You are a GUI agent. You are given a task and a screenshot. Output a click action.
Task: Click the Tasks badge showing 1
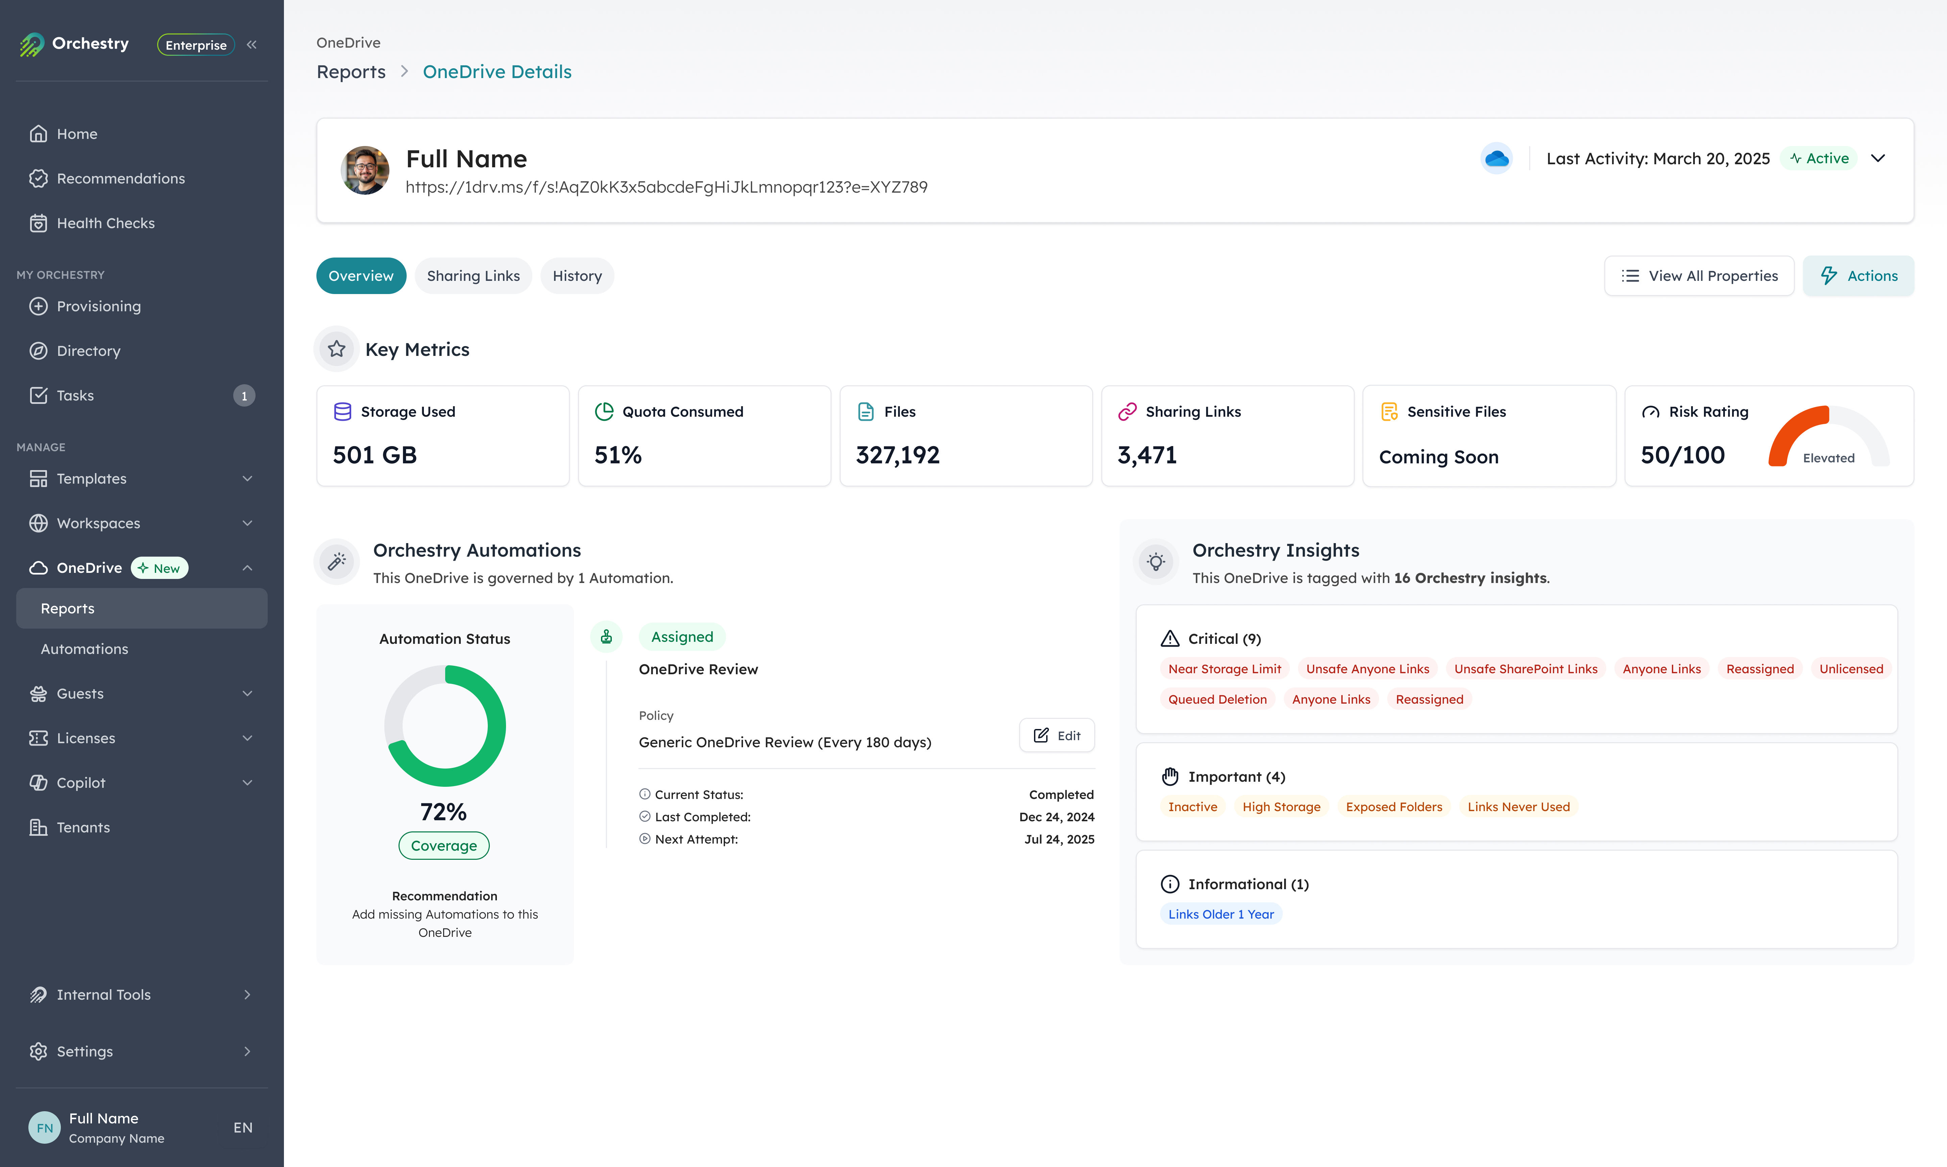244,395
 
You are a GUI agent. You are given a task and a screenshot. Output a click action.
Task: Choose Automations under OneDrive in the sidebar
84,649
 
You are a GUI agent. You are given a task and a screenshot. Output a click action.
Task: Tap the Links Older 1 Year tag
1220,914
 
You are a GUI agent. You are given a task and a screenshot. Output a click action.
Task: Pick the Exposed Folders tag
1393,807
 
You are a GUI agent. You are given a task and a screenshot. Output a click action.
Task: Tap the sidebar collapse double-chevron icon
251,45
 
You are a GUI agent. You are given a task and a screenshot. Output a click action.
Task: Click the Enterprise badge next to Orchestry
196,45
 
